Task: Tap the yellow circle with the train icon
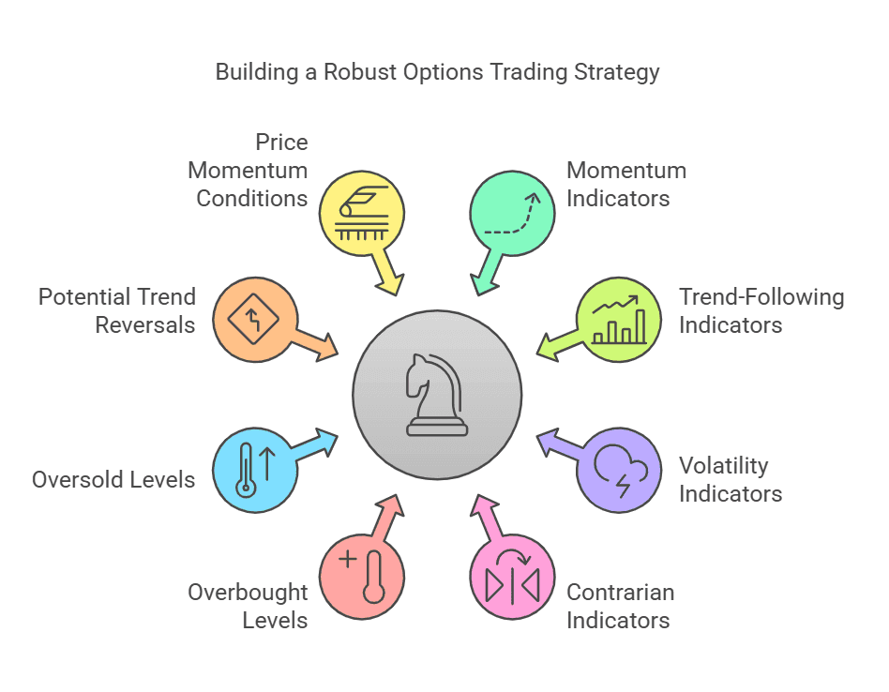362,213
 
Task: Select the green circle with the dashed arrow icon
512,213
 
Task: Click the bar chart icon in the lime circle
619,320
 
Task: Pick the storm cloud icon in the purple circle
619,469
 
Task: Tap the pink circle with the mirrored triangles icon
512,576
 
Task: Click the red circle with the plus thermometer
362,576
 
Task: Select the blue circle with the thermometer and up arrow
255,469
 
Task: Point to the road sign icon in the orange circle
255,320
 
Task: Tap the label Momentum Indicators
626,184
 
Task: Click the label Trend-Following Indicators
761,311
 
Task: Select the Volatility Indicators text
730,479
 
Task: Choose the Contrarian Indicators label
620,606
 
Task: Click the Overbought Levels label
248,606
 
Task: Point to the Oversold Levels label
113,480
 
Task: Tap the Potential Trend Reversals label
117,311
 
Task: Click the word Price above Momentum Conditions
281,143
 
